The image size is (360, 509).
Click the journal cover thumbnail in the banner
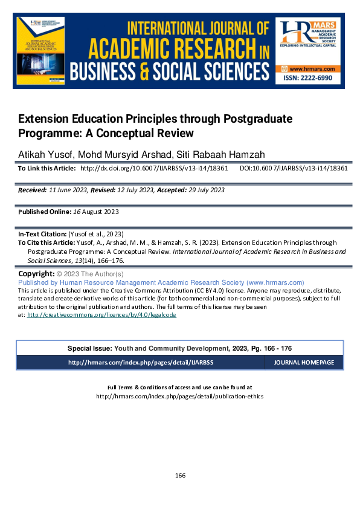42,53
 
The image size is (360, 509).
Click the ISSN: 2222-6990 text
309,80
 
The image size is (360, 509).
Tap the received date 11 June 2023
69,190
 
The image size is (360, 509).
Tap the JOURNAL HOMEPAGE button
304,363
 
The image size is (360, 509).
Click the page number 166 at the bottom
180,475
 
